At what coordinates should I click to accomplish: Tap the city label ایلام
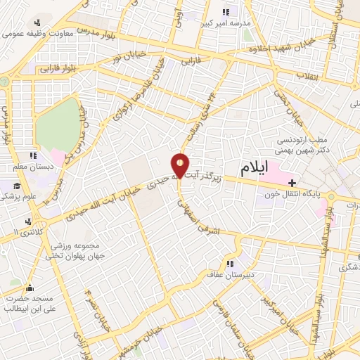[x=255, y=169]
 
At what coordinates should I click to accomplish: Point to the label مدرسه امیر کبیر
[x=226, y=22]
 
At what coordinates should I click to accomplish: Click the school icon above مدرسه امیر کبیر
[x=226, y=12]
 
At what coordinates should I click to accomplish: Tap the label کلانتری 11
[x=18, y=231]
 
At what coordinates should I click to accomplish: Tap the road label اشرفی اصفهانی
[x=199, y=214]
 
